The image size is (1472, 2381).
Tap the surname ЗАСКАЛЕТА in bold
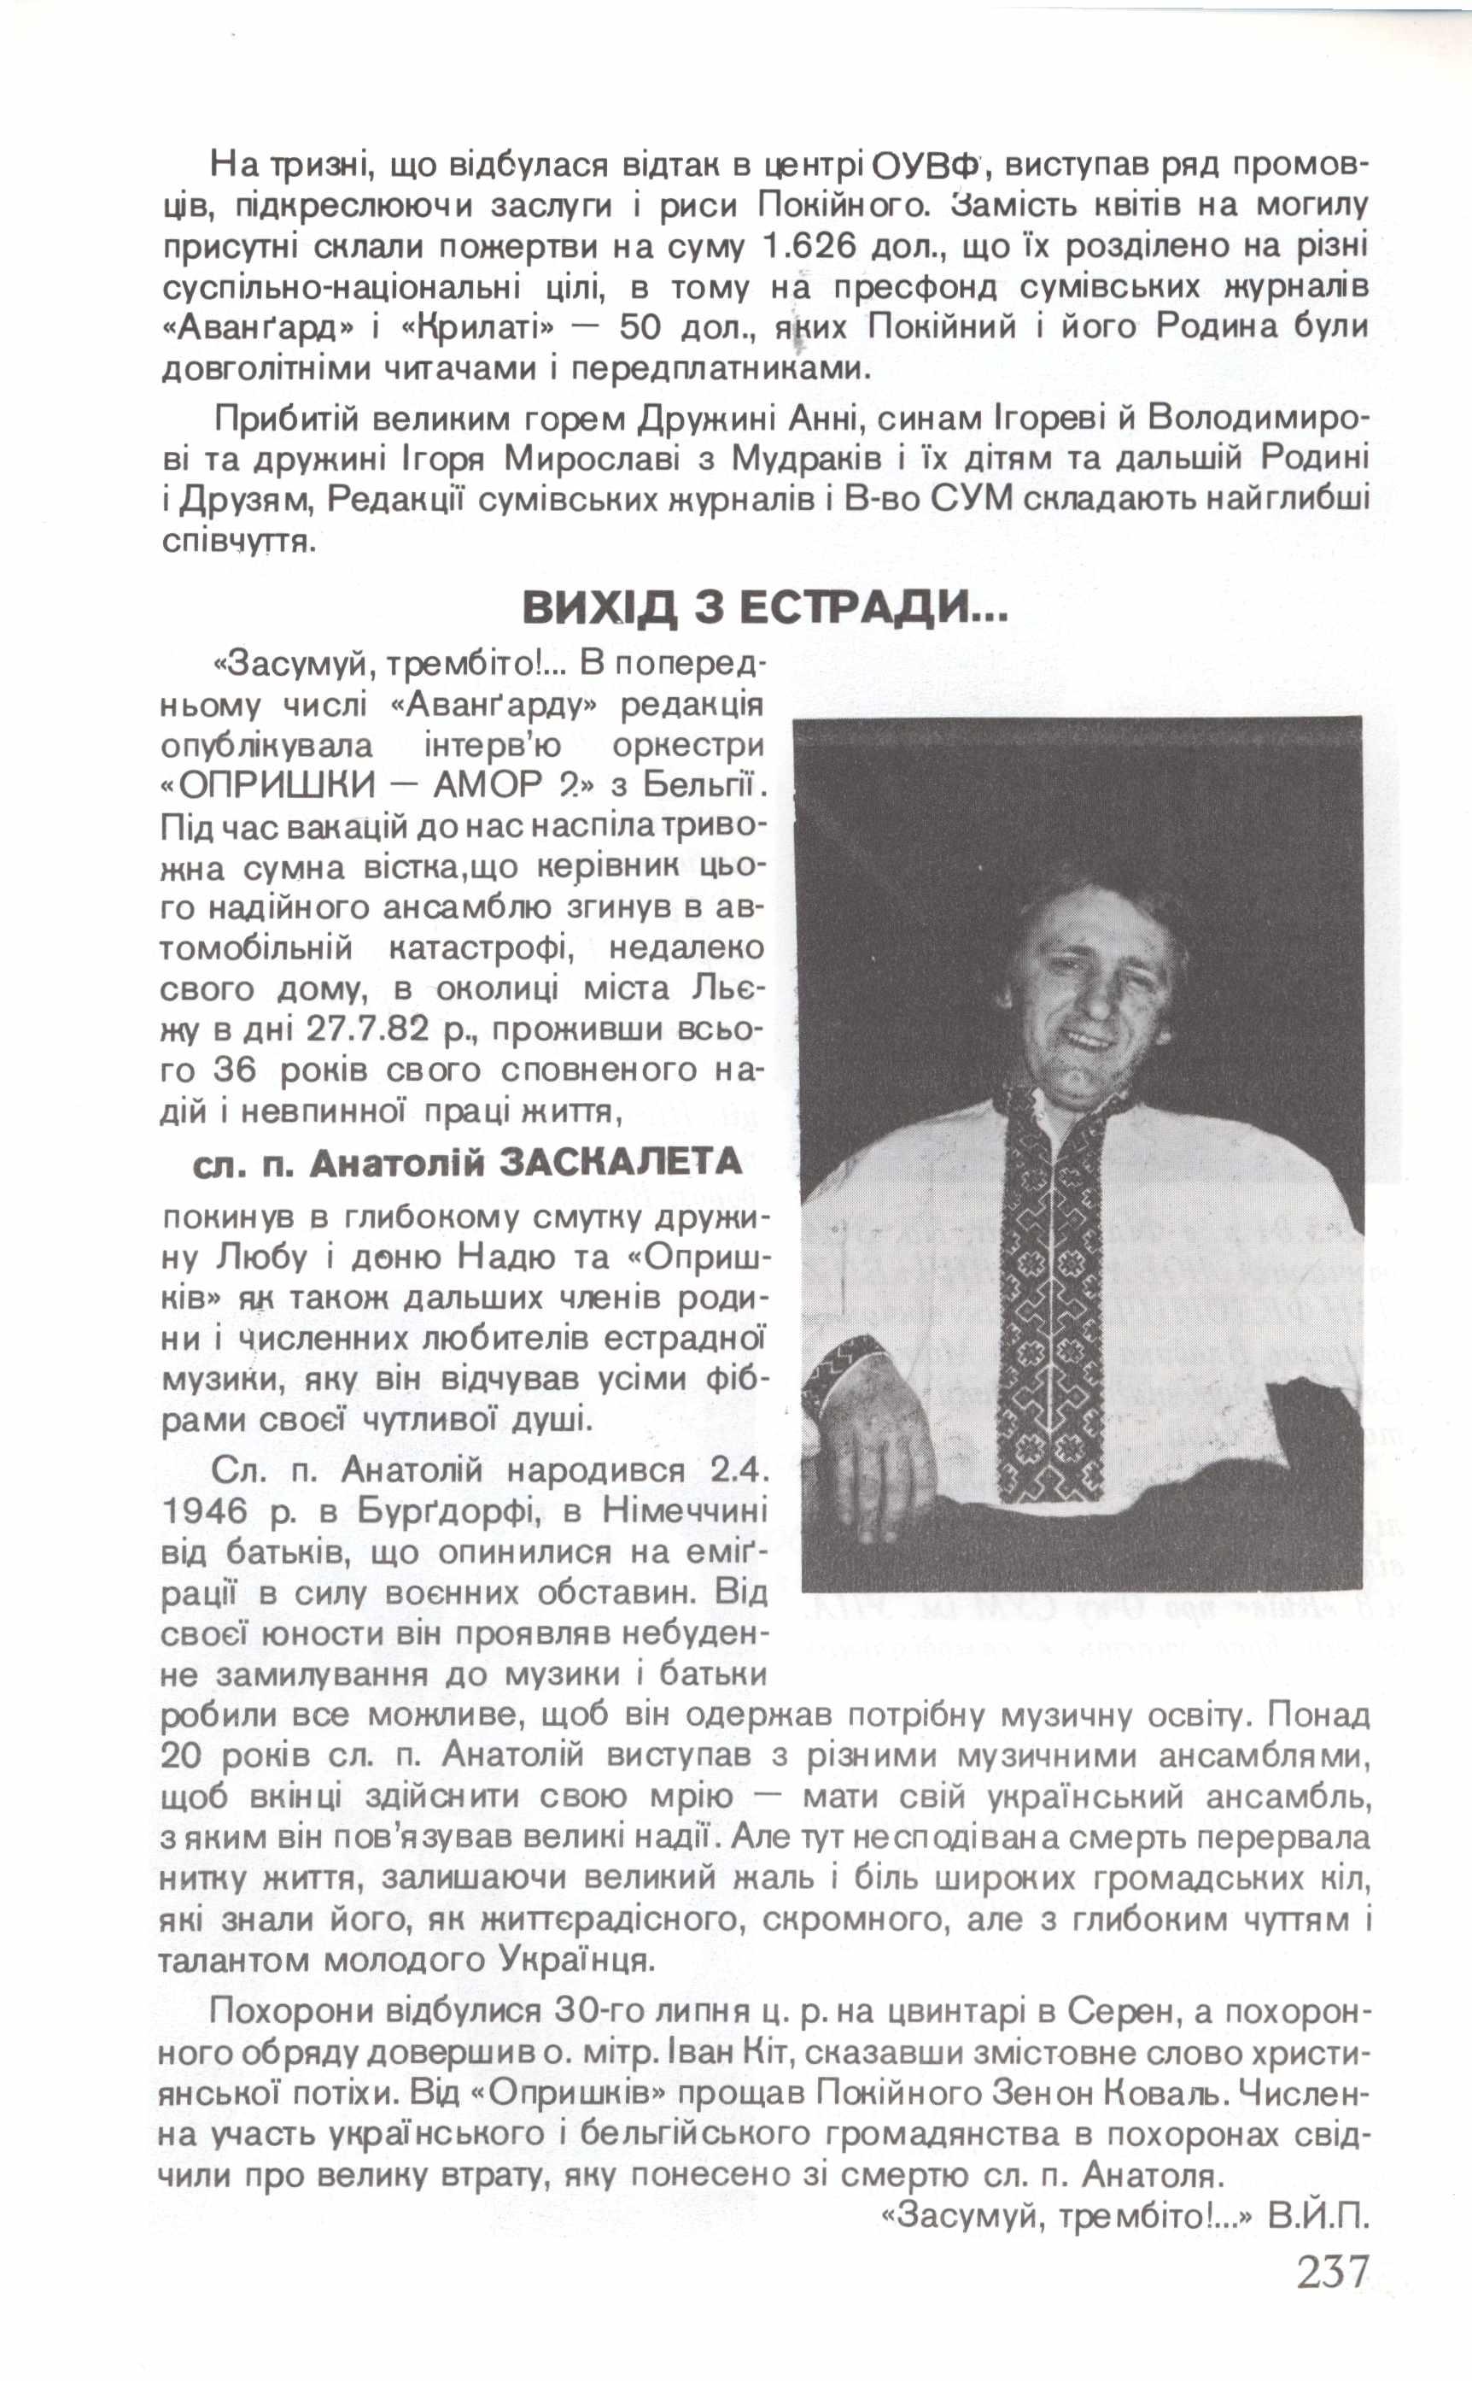[620, 1163]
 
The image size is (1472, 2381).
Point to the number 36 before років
[234, 1071]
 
